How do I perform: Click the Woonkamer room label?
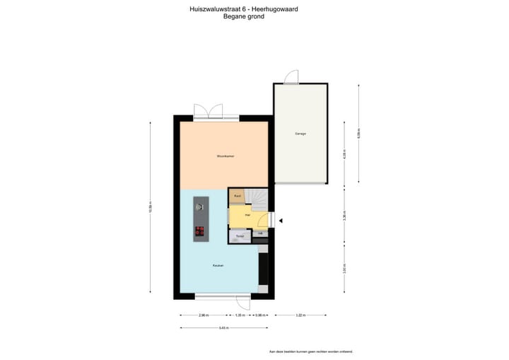pos(225,156)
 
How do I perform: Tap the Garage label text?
pos(300,134)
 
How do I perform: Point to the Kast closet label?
pos(238,195)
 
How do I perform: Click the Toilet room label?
pos(240,236)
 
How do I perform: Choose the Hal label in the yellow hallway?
pos(247,214)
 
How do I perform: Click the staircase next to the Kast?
pos(259,197)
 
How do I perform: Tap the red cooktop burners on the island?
pos(199,231)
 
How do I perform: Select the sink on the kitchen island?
pos(199,206)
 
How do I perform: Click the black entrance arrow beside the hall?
pos(281,221)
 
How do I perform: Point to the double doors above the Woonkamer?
pos(209,111)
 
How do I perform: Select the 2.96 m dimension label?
pos(203,315)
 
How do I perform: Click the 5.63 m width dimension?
pos(223,327)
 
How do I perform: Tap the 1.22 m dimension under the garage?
pos(300,315)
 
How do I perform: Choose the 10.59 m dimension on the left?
pos(151,207)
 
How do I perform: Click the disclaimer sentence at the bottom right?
pos(310,351)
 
